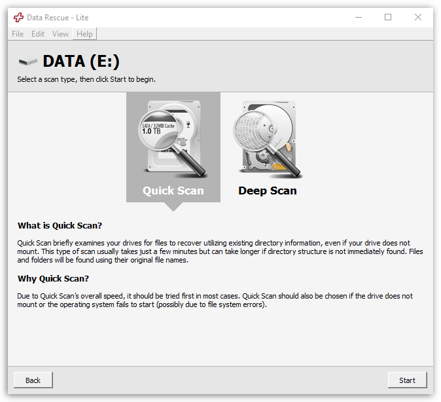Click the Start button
[407, 380]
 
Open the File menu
[18, 34]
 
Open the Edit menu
[38, 34]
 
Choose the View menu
[60, 34]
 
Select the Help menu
[84, 34]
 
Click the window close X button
[418, 17]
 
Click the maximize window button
[388, 17]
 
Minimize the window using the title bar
[358, 17]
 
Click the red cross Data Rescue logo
[18, 18]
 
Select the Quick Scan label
[173, 191]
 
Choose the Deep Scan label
[267, 191]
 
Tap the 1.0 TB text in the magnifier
[152, 131]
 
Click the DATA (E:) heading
[81, 62]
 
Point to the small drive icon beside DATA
[28, 62]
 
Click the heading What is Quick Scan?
[60, 226]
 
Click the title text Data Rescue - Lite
[58, 18]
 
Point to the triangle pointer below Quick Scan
[173, 207]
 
